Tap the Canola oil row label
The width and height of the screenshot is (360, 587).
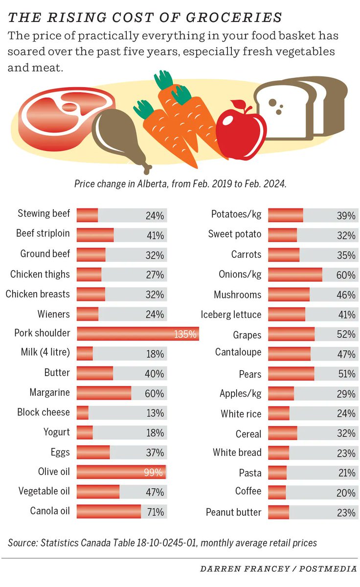click(50, 512)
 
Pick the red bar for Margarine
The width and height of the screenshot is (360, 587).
click(104, 393)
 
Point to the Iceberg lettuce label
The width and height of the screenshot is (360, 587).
click(231, 315)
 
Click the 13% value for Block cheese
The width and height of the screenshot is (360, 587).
click(155, 413)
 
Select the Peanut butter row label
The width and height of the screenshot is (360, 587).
click(233, 512)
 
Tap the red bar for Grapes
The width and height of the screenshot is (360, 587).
click(291, 335)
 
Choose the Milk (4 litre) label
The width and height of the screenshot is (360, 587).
click(45, 353)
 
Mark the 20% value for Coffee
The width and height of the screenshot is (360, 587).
click(346, 493)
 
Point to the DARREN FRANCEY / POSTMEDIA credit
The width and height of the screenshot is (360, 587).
click(278, 569)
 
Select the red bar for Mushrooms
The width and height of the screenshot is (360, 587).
click(289, 295)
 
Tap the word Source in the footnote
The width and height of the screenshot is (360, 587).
click(22, 542)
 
